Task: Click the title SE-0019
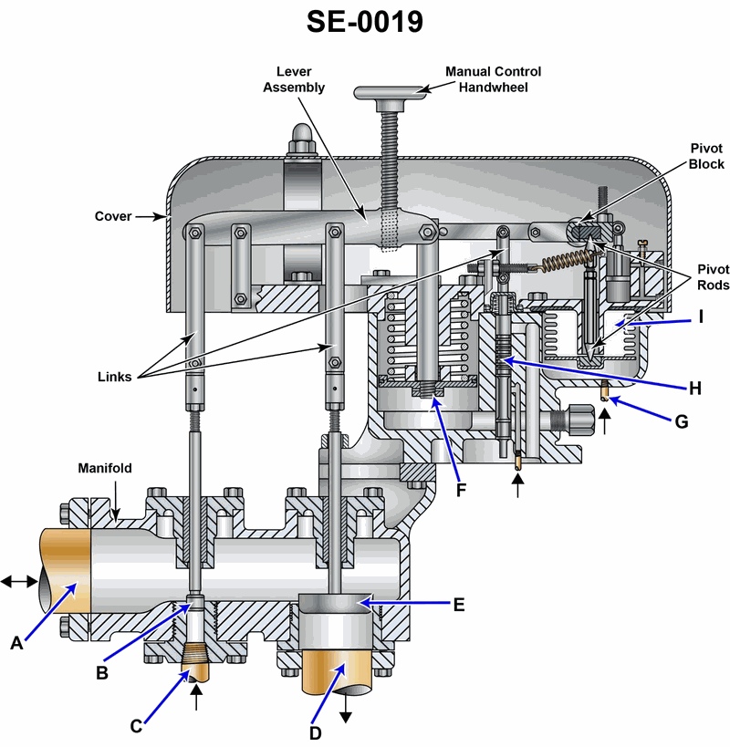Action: (364, 21)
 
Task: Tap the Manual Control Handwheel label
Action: (493, 79)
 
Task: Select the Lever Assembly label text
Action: (294, 79)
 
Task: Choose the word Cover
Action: (113, 217)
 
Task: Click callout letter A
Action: (16, 643)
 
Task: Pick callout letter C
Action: (137, 726)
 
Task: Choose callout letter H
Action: (695, 387)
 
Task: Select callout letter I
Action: (701, 316)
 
